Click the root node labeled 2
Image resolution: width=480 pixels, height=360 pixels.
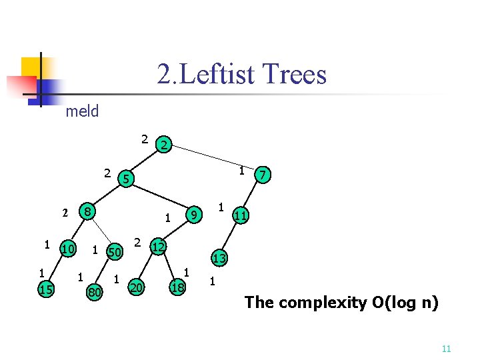pyautogui.click(x=165, y=144)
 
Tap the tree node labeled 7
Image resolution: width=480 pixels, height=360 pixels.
pyautogui.click(x=265, y=175)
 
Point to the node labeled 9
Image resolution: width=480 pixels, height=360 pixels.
pyautogui.click(x=193, y=215)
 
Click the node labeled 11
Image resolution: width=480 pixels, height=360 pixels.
pyautogui.click(x=241, y=215)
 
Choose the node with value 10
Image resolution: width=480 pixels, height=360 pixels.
pyautogui.click(x=68, y=249)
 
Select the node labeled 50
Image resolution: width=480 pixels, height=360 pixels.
pyautogui.click(x=115, y=252)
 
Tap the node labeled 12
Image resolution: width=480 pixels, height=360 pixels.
pyautogui.click(x=159, y=247)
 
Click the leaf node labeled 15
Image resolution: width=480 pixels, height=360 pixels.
pyautogui.click(x=46, y=288)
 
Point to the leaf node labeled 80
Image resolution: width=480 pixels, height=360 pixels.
pyautogui.click(x=95, y=291)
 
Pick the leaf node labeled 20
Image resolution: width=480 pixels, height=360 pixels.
pyautogui.click(x=137, y=287)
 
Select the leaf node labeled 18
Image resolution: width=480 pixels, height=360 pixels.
pyautogui.click(x=178, y=287)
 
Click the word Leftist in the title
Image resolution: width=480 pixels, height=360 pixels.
pyautogui.click(x=216, y=74)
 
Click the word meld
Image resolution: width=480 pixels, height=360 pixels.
pyautogui.click(x=82, y=111)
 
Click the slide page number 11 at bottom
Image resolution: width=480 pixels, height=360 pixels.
pyautogui.click(x=447, y=349)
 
